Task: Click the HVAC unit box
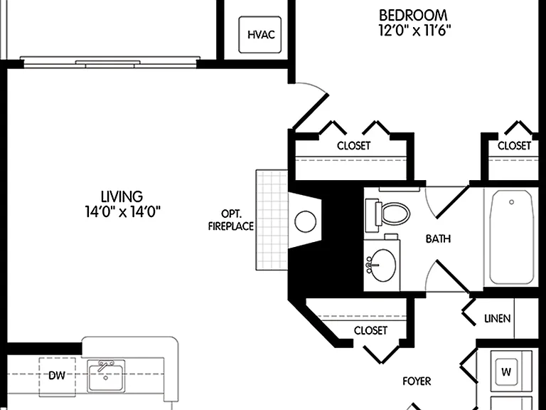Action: (x=259, y=34)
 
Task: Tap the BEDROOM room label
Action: (x=413, y=16)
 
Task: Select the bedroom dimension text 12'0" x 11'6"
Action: (x=414, y=31)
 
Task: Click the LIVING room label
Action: (x=122, y=196)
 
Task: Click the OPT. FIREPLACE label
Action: (x=231, y=220)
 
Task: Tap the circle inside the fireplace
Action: (x=306, y=221)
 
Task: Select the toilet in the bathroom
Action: (x=387, y=214)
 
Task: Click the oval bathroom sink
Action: (x=382, y=266)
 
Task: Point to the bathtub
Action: (x=511, y=237)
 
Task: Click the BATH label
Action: (x=438, y=239)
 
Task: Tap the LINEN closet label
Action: (x=497, y=318)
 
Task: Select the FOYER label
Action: (x=417, y=381)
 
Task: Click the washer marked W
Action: (x=506, y=372)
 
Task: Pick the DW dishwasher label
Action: (x=57, y=376)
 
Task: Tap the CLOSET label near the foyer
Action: (x=370, y=330)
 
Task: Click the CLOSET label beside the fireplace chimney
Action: (x=353, y=145)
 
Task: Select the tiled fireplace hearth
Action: (x=272, y=220)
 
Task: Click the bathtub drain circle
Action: (x=512, y=202)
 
